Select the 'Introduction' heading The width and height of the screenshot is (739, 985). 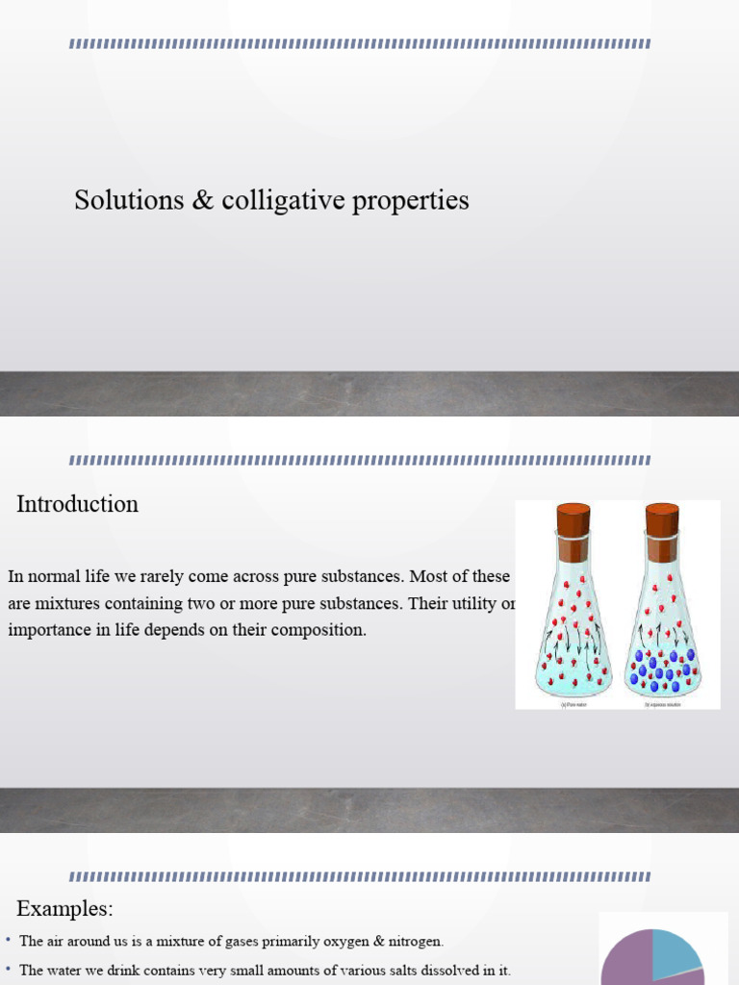[x=77, y=504]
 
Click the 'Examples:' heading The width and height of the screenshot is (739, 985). [x=64, y=908]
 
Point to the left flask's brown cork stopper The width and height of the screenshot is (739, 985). [x=573, y=520]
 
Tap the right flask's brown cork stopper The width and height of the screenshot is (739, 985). [x=662, y=520]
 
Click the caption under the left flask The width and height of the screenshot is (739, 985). [x=573, y=705]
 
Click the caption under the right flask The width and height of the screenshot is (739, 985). [x=662, y=705]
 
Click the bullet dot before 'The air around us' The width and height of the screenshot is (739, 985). [x=8, y=940]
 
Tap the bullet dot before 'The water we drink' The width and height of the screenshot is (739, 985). [x=8, y=969]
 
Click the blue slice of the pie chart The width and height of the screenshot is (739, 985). [x=676, y=950]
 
